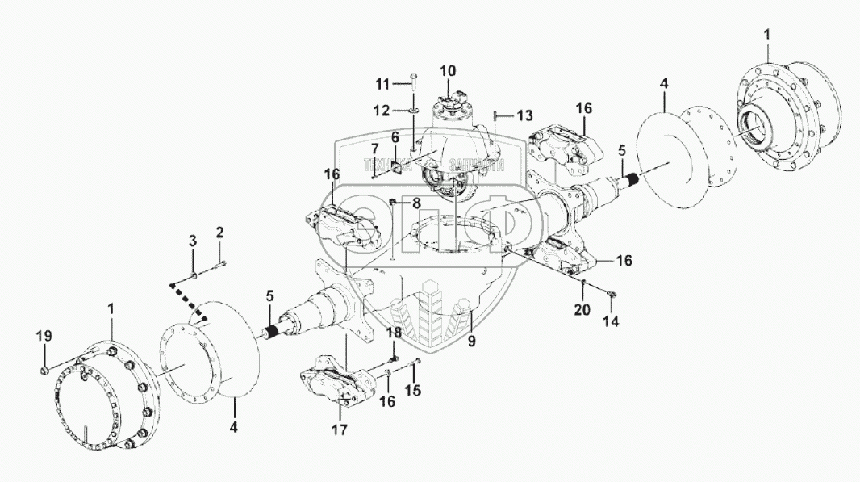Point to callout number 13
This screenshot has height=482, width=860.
tap(525, 114)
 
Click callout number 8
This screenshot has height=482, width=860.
tap(415, 203)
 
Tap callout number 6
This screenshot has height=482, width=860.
tap(395, 138)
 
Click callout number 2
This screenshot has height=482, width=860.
tap(219, 233)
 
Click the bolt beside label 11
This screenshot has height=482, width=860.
tap(413, 78)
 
